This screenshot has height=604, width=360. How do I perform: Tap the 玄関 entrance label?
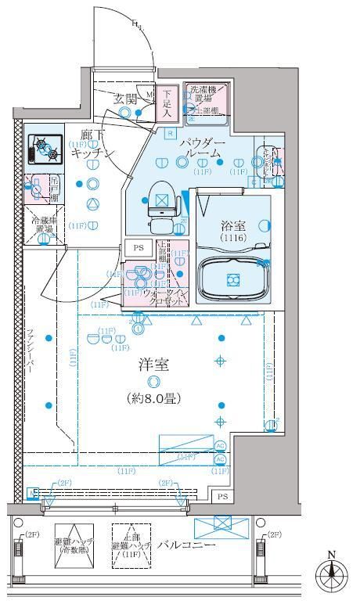click(125, 99)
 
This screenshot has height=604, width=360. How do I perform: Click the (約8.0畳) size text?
click(153, 398)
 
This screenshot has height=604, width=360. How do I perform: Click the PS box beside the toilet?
click(139, 247)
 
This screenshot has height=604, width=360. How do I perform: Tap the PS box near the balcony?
click(222, 497)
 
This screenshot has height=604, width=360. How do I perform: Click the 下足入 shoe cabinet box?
click(167, 102)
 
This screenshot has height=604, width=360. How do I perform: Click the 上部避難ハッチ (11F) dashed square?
click(131, 544)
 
